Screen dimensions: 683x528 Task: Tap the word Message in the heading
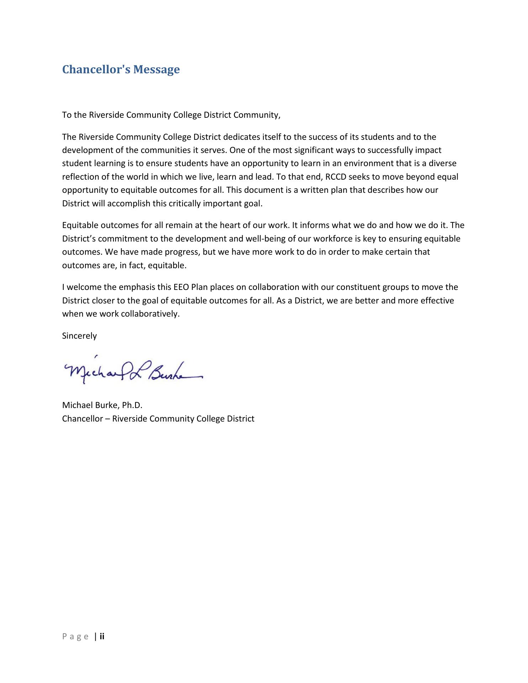coord(156,69)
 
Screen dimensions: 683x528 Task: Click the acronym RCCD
coord(336,177)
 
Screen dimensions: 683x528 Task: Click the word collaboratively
coord(150,314)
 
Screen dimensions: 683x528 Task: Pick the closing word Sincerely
coord(79,336)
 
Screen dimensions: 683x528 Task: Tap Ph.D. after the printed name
coord(132,405)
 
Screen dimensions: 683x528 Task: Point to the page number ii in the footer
coord(102,636)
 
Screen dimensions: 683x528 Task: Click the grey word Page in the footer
coord(75,636)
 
